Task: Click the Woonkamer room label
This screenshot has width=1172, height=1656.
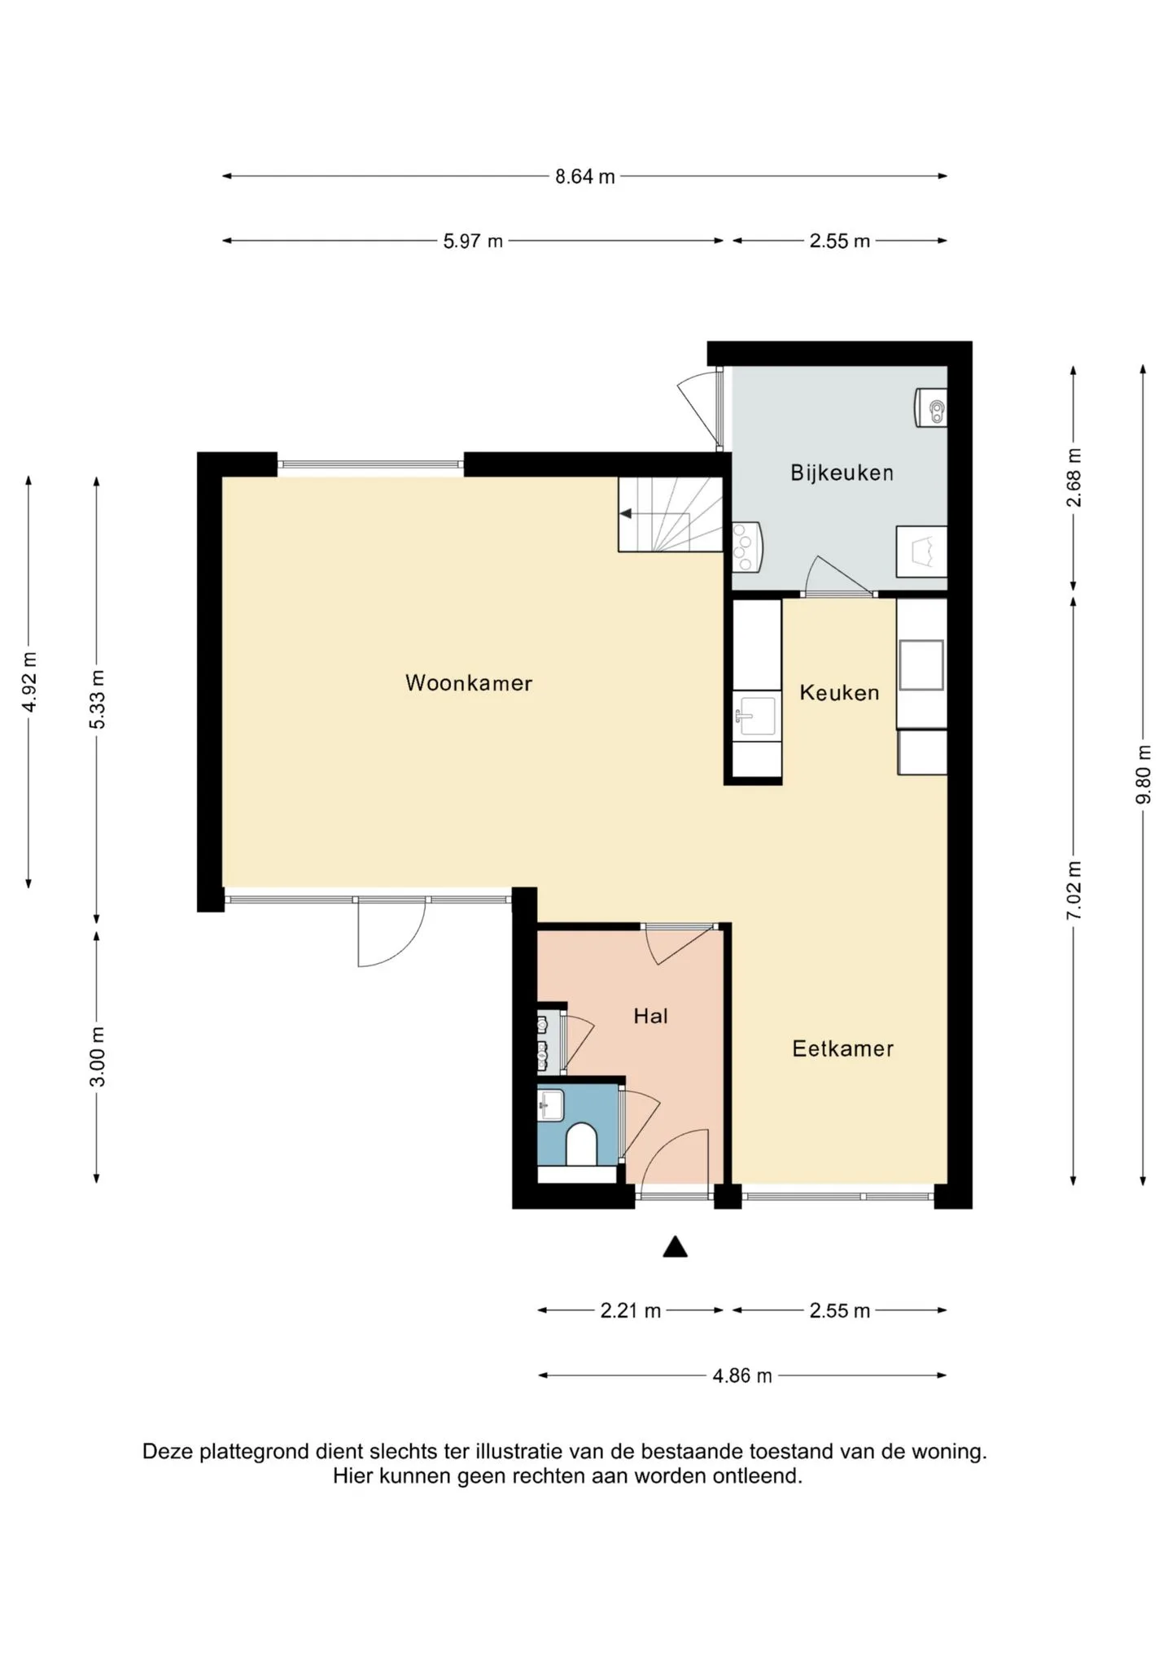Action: coord(469,683)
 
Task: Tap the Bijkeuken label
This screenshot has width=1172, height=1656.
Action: coord(842,473)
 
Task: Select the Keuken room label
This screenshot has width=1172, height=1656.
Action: coord(839,693)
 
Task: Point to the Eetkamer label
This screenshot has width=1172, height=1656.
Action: coord(842,1048)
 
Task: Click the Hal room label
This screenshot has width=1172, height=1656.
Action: coord(650,1016)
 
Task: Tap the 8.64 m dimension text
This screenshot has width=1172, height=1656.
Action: coord(584,176)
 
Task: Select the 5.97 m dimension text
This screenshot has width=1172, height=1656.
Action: coord(473,242)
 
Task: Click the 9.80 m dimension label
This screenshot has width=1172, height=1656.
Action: coord(1144,774)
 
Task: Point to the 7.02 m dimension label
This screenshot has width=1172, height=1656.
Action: coord(1074,891)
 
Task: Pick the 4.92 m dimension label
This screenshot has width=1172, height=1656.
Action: coord(28,682)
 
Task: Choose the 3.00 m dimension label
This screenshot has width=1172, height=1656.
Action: coord(97,1057)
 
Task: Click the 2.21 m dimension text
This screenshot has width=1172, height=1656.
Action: coord(630,1311)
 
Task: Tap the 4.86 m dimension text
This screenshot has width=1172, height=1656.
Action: coord(742,1376)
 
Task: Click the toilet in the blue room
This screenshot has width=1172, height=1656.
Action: coord(581,1144)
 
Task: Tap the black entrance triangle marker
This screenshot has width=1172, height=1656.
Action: coord(675,1247)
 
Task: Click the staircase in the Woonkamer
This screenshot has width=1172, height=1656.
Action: coord(671,514)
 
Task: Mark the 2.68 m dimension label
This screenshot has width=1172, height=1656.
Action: coord(1074,477)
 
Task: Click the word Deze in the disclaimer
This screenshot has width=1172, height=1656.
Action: coord(168,1452)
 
